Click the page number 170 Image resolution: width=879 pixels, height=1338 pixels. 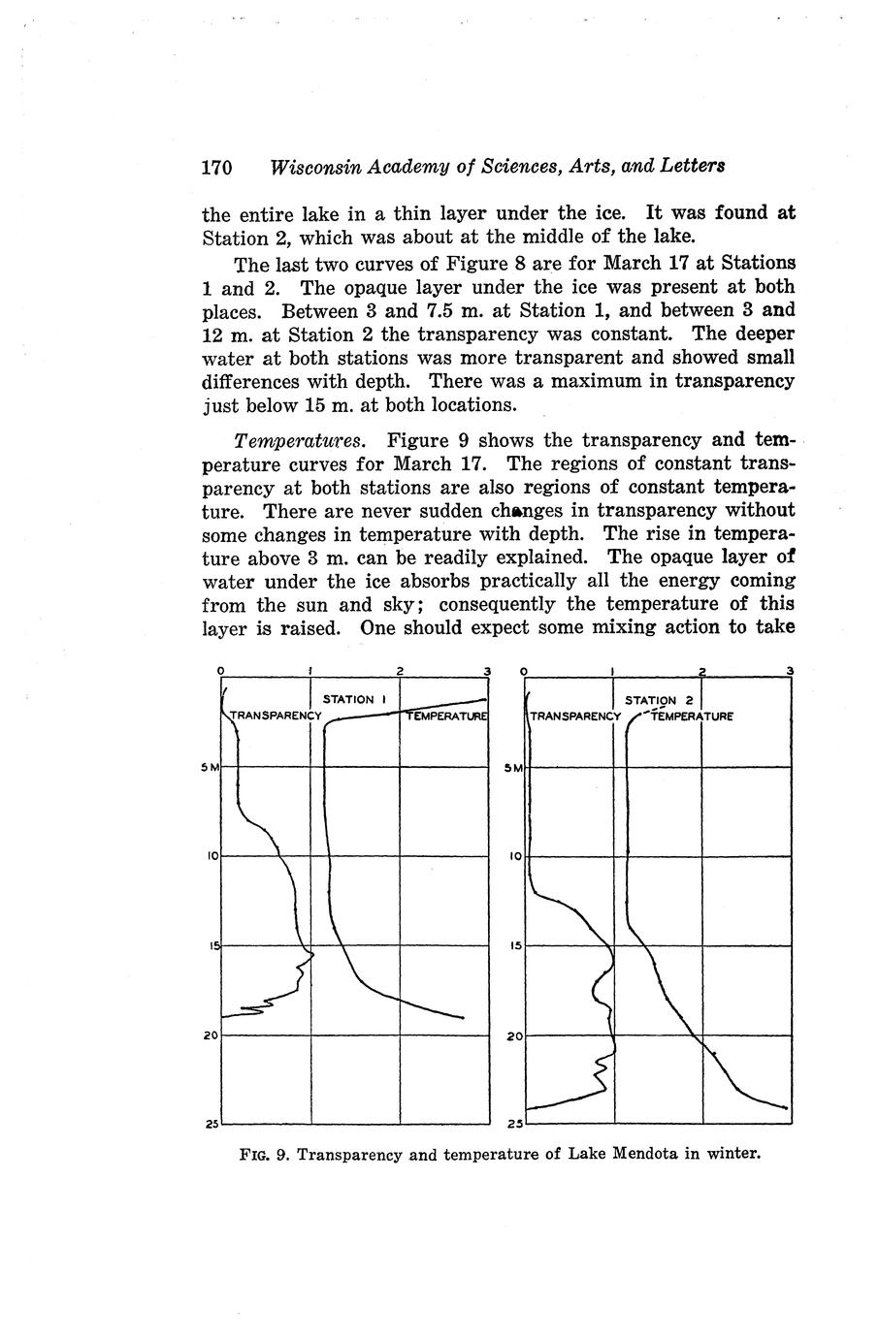(x=216, y=167)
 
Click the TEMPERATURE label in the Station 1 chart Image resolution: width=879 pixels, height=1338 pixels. (x=445, y=717)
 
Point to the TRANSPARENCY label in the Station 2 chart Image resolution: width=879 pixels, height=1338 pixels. (x=575, y=717)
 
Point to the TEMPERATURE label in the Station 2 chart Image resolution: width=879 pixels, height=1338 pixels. (x=692, y=717)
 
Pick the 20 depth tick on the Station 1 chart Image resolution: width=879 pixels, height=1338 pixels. (x=211, y=1035)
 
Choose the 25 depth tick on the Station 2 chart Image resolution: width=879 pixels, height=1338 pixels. (x=515, y=1125)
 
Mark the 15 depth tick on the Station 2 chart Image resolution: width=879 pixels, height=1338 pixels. (x=515, y=945)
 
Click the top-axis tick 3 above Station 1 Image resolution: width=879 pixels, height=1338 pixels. (x=487, y=671)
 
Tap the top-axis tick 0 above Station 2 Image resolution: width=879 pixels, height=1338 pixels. (x=524, y=671)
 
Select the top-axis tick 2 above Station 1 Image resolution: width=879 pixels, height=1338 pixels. (x=400, y=671)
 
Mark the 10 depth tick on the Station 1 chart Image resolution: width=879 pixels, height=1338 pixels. (x=211, y=856)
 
